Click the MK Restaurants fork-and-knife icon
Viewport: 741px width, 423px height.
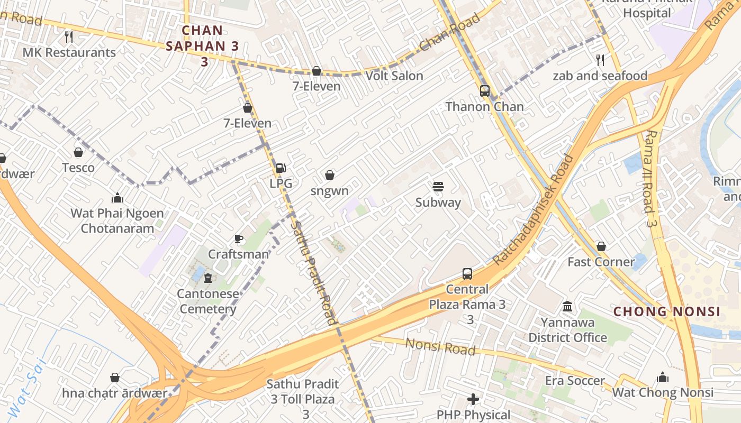coord(68,36)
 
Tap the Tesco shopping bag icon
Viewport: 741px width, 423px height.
coord(78,152)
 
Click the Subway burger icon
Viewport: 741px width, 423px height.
coord(438,187)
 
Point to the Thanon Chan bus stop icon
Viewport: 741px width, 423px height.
coord(484,90)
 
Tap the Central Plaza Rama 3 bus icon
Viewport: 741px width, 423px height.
coord(467,273)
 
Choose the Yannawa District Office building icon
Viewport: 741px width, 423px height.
coord(567,306)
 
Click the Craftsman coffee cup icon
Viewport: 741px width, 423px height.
coord(239,238)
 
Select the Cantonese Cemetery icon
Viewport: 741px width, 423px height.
coord(207,278)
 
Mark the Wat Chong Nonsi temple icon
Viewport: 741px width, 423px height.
coord(662,377)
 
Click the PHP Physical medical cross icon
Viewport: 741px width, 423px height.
coord(473,399)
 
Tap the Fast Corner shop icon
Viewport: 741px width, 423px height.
coord(601,246)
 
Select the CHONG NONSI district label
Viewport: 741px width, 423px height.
coord(666,311)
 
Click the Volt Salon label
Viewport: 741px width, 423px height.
coord(394,76)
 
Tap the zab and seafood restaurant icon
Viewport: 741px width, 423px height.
coord(599,60)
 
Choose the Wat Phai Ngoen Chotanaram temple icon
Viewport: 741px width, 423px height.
coord(117,198)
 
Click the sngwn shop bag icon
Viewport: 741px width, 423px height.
coord(329,175)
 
